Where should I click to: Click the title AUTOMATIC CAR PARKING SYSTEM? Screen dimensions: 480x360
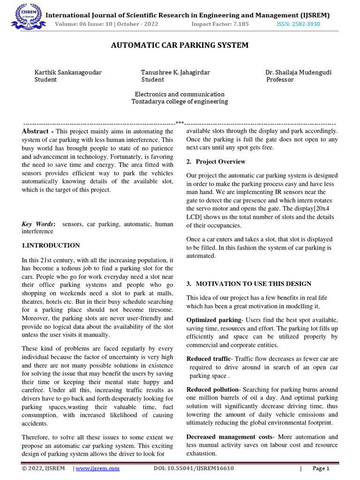coord(180,45)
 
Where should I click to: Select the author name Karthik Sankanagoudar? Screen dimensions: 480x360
coord(68,72)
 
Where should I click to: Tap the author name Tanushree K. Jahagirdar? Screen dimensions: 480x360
coord(175,72)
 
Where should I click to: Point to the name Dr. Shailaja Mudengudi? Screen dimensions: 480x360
coord(299,72)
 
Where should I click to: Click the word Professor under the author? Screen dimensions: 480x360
coord(280,80)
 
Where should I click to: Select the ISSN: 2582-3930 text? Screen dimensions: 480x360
coord(297,24)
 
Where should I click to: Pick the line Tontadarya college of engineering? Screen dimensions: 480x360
coord(180,101)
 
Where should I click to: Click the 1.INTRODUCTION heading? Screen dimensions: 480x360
coord(51,245)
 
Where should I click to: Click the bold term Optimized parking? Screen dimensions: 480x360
coord(213,319)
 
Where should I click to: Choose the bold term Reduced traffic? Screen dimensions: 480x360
coord(209,359)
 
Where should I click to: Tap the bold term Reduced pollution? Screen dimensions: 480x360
coord(213,390)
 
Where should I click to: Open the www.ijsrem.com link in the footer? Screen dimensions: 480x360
coord(98,468)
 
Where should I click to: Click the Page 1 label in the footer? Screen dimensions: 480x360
coord(321,468)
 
